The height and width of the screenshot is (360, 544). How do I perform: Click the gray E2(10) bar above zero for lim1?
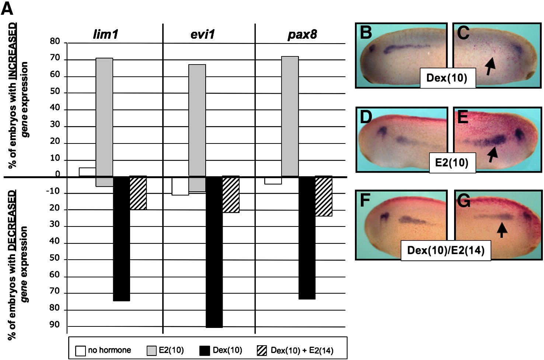(x=104, y=117)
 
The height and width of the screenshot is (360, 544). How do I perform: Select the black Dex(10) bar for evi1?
(x=214, y=252)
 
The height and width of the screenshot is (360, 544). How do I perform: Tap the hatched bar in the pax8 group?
(x=324, y=196)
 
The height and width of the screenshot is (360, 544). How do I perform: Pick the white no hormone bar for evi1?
(x=180, y=186)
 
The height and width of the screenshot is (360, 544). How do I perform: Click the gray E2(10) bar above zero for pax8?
(x=290, y=116)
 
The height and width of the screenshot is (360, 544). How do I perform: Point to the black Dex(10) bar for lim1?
(x=121, y=239)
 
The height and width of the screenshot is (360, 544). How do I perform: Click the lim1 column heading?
(x=105, y=35)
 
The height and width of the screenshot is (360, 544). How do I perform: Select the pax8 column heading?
(x=302, y=35)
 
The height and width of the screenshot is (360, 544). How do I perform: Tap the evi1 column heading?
(x=203, y=35)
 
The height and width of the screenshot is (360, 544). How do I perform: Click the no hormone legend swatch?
(x=80, y=350)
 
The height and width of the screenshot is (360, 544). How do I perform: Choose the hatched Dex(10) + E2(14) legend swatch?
(x=261, y=350)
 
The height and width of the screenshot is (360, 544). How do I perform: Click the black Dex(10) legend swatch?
(x=204, y=350)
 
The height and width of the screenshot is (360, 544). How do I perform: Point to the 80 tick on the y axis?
(x=55, y=42)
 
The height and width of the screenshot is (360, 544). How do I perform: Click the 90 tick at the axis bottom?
(x=55, y=325)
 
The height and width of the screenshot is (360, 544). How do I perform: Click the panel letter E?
(x=463, y=117)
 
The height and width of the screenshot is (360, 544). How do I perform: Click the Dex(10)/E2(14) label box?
(x=446, y=250)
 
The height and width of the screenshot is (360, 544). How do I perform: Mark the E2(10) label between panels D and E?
(x=452, y=162)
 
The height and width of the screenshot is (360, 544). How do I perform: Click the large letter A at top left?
(x=7, y=8)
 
